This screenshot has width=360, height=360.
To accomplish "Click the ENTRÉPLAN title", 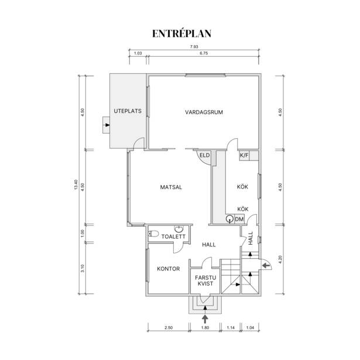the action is point(181,33).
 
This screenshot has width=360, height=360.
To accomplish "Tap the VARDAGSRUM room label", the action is point(204,112).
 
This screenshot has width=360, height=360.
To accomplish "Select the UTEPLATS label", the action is point(128,111).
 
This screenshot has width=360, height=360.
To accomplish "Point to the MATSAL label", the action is point(171,187).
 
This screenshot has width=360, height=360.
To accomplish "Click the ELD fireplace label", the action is point(204,156).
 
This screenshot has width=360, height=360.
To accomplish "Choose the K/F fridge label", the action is point(244,156).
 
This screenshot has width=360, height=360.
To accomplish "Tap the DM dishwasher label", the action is point(239,220).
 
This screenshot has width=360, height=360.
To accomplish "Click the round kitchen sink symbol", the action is point(229,219).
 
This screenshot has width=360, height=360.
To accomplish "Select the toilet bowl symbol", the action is point(154,234).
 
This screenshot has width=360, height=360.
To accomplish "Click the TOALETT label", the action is point(173,236).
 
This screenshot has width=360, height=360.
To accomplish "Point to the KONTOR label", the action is point(168,269).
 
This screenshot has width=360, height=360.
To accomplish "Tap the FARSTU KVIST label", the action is point(205,280).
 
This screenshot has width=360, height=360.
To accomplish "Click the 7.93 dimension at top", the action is point(194,47).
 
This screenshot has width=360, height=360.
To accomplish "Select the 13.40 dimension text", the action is point(76,185).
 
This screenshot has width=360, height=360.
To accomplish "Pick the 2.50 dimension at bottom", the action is point(169,328).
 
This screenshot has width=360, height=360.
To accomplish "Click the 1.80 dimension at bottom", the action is point(205,328).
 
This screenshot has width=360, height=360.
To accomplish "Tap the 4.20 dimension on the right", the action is point(280,259).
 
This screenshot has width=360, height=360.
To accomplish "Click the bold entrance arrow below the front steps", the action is point(205,319).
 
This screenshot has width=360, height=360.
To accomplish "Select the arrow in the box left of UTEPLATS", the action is point(107,125).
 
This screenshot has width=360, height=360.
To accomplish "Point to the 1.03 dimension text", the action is point(138,53).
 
